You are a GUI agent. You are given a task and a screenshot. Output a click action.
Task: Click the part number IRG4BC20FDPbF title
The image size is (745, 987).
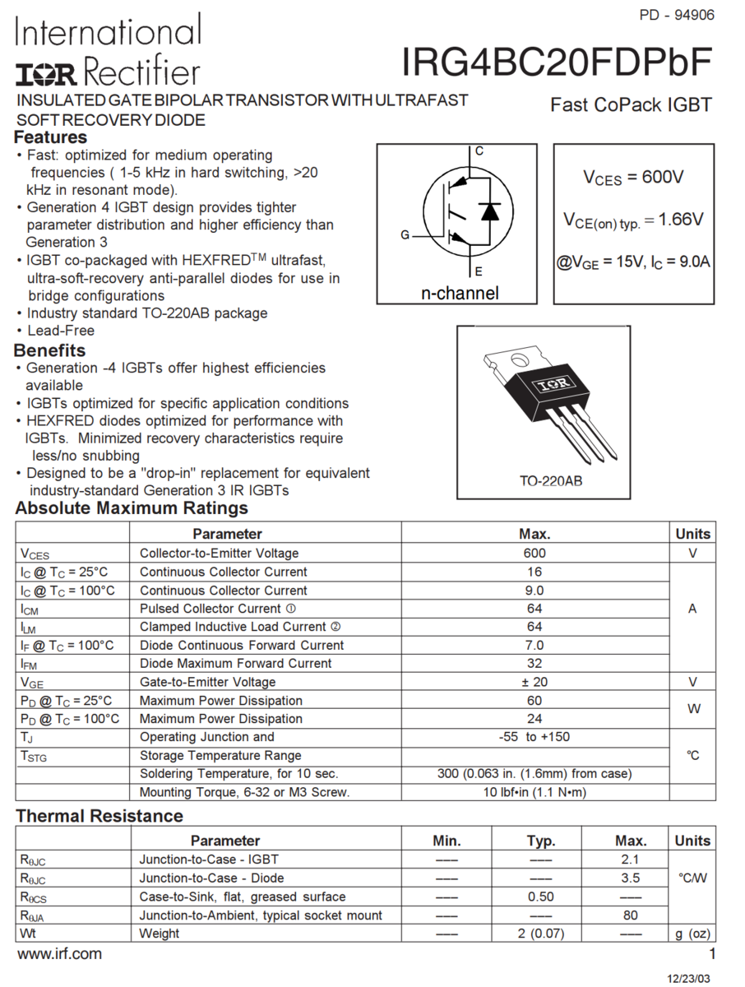558,63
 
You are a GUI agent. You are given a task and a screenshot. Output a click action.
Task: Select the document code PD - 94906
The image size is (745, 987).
676,15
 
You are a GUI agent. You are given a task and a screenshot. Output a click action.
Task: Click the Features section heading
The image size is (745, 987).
50,137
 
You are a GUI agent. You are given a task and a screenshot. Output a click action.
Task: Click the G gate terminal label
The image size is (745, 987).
405,235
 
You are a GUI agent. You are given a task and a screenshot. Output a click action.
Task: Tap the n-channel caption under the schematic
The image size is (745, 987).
460,293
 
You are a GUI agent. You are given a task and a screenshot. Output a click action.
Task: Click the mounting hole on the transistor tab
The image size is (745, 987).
519,359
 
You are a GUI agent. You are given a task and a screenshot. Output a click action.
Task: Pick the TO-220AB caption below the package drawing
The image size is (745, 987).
550,480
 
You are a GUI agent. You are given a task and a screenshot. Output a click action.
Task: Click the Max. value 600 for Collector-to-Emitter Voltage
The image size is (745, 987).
534,554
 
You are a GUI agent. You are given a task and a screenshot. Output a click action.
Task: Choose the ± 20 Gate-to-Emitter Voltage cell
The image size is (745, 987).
534,682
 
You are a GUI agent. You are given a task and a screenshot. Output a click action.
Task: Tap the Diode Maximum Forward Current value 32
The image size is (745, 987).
534,664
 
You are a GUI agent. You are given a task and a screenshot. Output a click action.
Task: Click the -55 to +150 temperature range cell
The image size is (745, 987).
534,737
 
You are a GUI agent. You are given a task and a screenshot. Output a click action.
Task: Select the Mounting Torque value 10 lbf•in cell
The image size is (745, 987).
534,793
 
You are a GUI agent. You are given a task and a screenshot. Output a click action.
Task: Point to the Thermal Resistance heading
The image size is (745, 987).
99,816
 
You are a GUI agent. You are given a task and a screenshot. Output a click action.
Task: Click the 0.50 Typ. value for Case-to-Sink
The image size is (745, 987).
540,897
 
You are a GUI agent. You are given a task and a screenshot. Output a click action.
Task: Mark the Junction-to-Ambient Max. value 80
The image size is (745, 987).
631,915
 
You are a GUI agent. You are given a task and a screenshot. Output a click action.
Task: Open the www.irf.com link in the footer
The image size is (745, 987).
59,954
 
